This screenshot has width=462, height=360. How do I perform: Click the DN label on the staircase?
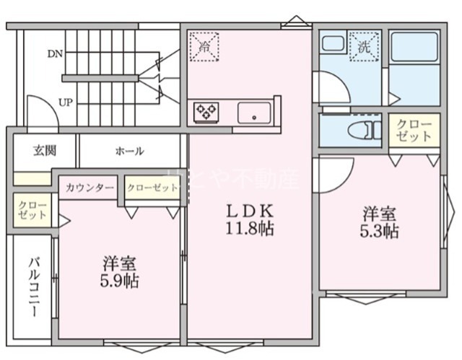point(55,53)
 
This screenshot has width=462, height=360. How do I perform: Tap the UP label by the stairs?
point(65,102)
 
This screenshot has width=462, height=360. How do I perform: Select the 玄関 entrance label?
point(44,151)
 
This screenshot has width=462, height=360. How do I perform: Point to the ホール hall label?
point(129,152)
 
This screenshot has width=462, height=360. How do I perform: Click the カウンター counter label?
point(90,188)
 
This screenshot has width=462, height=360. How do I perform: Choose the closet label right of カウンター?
point(152,188)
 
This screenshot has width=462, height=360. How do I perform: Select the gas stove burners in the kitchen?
point(206,112)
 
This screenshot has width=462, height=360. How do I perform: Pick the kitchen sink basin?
point(254,112)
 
